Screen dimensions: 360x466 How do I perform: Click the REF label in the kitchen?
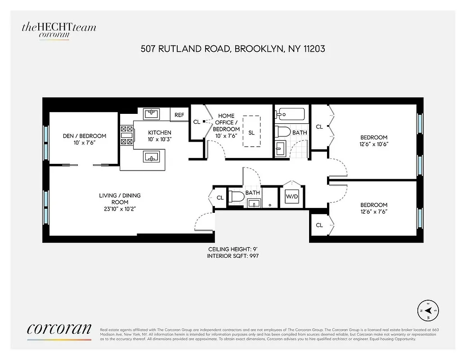coord(179,115)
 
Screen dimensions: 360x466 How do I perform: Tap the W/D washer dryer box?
coord(292,197)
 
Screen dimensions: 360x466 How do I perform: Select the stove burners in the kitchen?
coord(126,135)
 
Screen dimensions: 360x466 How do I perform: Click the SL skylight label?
coord(251,133)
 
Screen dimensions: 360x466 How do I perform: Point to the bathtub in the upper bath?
coord(290,115)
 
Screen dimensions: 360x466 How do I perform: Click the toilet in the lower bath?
coord(237,197)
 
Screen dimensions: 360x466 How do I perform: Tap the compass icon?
coord(428,310)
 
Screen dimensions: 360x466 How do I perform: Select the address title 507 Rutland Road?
coord(233,48)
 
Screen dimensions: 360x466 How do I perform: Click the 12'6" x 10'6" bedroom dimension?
coord(374,144)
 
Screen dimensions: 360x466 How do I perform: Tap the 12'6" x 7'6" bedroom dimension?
coord(374,211)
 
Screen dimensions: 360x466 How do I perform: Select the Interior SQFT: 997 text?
coord(233,256)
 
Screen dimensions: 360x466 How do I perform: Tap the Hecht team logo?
coord(58,29)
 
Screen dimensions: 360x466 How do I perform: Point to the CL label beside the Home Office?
coord(197,122)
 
